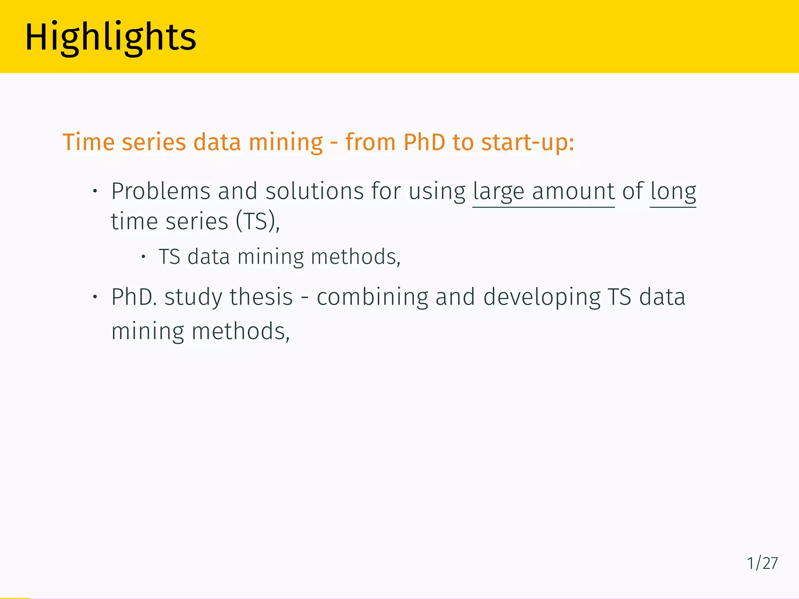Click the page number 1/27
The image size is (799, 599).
[x=762, y=563]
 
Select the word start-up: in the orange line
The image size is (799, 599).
[x=527, y=143]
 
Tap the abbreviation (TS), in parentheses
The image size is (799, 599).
[x=257, y=222]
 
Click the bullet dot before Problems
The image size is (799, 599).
[x=95, y=191]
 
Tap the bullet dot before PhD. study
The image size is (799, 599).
[x=95, y=297]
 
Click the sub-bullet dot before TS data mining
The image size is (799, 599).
[x=143, y=257]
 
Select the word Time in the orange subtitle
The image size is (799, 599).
[x=89, y=142]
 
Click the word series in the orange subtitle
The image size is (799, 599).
[x=154, y=142]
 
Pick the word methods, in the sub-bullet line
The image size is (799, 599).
[x=355, y=257]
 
